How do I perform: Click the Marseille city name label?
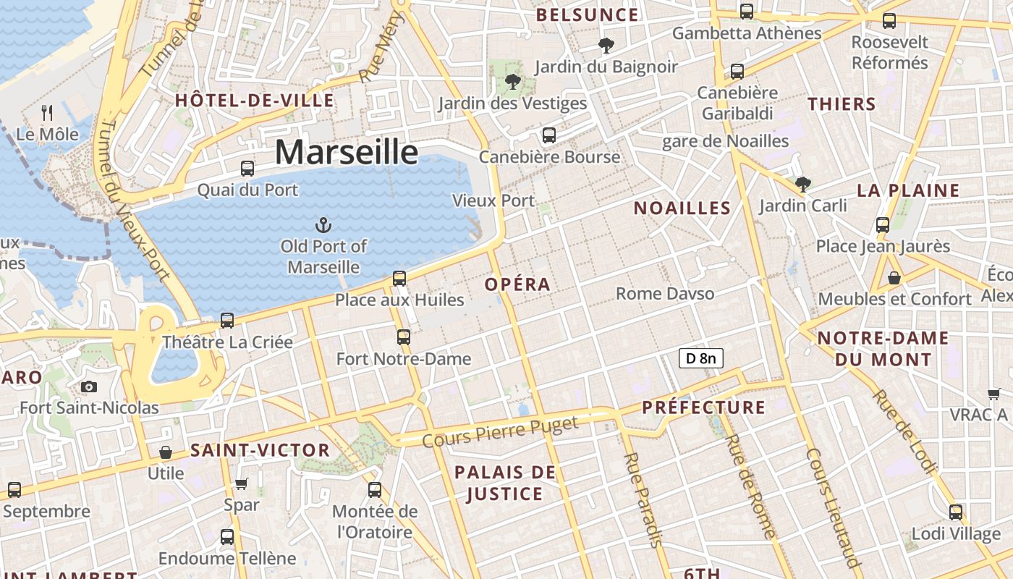pyautogui.click(x=347, y=153)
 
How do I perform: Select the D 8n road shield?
pyautogui.click(x=700, y=358)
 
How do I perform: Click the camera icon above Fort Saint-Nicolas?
pyautogui.click(x=89, y=386)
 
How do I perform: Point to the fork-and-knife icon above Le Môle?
pyautogui.click(x=48, y=112)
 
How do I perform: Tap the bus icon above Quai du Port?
pyautogui.click(x=247, y=169)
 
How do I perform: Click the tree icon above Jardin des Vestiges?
pyautogui.click(x=512, y=82)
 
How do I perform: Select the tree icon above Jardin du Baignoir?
pyautogui.click(x=606, y=46)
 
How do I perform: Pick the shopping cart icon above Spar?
pyautogui.click(x=242, y=483)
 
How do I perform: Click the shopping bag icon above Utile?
pyautogui.click(x=166, y=452)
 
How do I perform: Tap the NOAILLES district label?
pyautogui.click(x=682, y=208)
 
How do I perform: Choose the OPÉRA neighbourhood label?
pyautogui.click(x=518, y=284)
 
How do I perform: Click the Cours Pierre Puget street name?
pyautogui.click(x=500, y=431)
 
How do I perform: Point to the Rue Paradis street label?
pyautogui.click(x=643, y=499)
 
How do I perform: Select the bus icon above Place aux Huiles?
pyautogui.click(x=399, y=278)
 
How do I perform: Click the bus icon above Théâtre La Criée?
pyautogui.click(x=227, y=320)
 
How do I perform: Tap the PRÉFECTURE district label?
pyautogui.click(x=703, y=407)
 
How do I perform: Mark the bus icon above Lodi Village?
pyautogui.click(x=956, y=512)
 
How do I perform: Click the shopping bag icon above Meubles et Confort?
pyautogui.click(x=894, y=277)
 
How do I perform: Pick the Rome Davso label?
pyautogui.click(x=665, y=294)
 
